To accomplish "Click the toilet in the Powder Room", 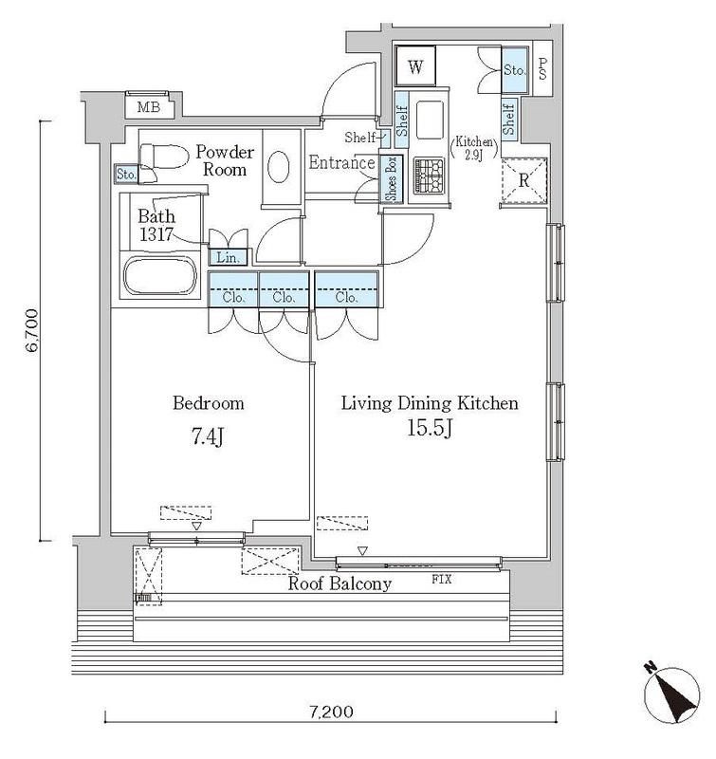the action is pyautogui.click(x=163, y=157).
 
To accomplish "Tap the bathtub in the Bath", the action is pyautogui.click(x=160, y=275).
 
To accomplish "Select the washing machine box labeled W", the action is pyautogui.click(x=415, y=66).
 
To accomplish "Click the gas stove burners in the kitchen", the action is pyautogui.click(x=429, y=176).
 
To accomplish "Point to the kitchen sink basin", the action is pyautogui.click(x=430, y=120).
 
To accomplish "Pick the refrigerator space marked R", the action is pyautogui.click(x=524, y=180).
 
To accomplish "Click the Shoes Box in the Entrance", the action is pyautogui.click(x=391, y=178).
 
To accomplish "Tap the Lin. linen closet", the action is pyautogui.click(x=228, y=257).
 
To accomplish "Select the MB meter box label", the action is pyautogui.click(x=149, y=107).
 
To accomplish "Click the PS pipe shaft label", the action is pyautogui.click(x=542, y=68).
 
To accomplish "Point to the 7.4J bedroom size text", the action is pyautogui.click(x=208, y=437).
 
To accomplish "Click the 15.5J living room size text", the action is pyautogui.click(x=430, y=429).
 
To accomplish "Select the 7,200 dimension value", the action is pyautogui.click(x=331, y=712).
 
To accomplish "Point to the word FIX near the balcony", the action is pyautogui.click(x=442, y=579).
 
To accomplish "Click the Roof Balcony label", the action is pyautogui.click(x=340, y=583).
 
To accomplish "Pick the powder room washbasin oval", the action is pyautogui.click(x=279, y=167).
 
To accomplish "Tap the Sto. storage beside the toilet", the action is pyautogui.click(x=126, y=175).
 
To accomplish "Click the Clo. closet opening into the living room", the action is pyautogui.click(x=346, y=289).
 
